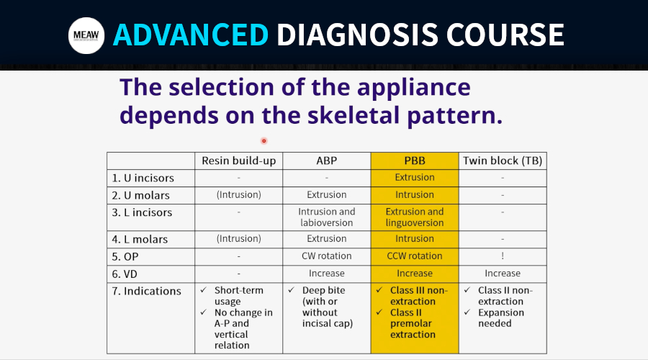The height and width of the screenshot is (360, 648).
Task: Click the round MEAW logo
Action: [x=86, y=35]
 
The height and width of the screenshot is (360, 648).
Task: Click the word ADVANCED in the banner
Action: [x=191, y=35]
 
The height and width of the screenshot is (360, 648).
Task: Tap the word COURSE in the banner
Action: [x=505, y=35]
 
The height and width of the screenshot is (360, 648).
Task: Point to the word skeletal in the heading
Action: [x=354, y=115]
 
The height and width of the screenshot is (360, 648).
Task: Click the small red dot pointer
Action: [x=264, y=141]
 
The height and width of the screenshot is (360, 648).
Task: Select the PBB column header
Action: [x=415, y=161]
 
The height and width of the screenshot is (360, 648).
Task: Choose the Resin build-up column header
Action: [x=239, y=161]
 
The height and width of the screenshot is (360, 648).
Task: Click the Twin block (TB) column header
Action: [x=503, y=161]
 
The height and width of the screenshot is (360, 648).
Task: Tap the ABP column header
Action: [x=326, y=161]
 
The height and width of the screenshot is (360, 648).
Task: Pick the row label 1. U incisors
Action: [x=143, y=178]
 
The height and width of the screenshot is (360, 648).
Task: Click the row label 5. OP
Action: [x=125, y=256]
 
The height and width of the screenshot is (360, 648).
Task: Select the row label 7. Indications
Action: [x=146, y=291]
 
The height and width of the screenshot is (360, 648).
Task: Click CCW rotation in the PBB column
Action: [x=415, y=256]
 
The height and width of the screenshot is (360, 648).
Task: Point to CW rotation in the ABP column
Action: [x=326, y=256]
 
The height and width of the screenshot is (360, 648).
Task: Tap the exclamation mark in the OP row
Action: [x=503, y=256]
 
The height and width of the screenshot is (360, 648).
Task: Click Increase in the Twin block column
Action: [x=503, y=273]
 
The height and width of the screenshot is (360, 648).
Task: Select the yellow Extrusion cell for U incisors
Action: [x=415, y=177]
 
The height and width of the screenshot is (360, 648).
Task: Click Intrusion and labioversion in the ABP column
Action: [x=326, y=217]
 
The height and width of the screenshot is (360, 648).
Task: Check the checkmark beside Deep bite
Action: [x=292, y=289]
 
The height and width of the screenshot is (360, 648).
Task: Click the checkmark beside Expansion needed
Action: [x=467, y=312]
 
